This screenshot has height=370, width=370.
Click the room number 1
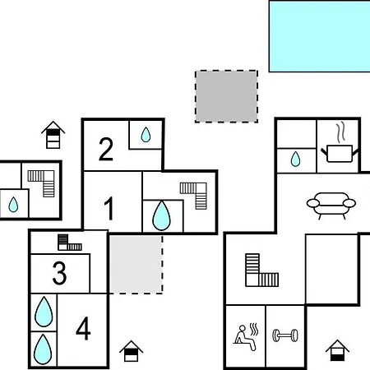(109, 208)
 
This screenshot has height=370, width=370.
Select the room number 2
(106, 149)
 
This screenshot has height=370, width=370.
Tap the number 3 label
(59, 273)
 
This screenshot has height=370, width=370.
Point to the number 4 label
(83, 328)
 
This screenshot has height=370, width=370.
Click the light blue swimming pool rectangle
(320, 36)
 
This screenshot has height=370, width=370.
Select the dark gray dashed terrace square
(226, 96)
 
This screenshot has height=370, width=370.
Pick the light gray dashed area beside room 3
(136, 265)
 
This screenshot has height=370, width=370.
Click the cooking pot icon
(340, 154)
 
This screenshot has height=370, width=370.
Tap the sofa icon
(331, 205)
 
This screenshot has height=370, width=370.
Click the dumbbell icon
(285, 335)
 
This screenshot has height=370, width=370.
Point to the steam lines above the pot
(340, 133)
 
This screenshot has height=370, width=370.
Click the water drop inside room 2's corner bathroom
(146, 135)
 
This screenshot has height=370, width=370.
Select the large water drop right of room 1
(161, 215)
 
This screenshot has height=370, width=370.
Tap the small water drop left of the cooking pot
(295, 159)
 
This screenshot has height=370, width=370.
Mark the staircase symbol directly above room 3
(70, 243)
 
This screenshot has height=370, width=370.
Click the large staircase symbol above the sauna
(261, 271)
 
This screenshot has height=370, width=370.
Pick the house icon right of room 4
(132, 351)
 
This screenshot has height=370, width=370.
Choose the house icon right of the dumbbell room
(337, 350)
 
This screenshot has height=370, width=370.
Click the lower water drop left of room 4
(43, 349)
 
